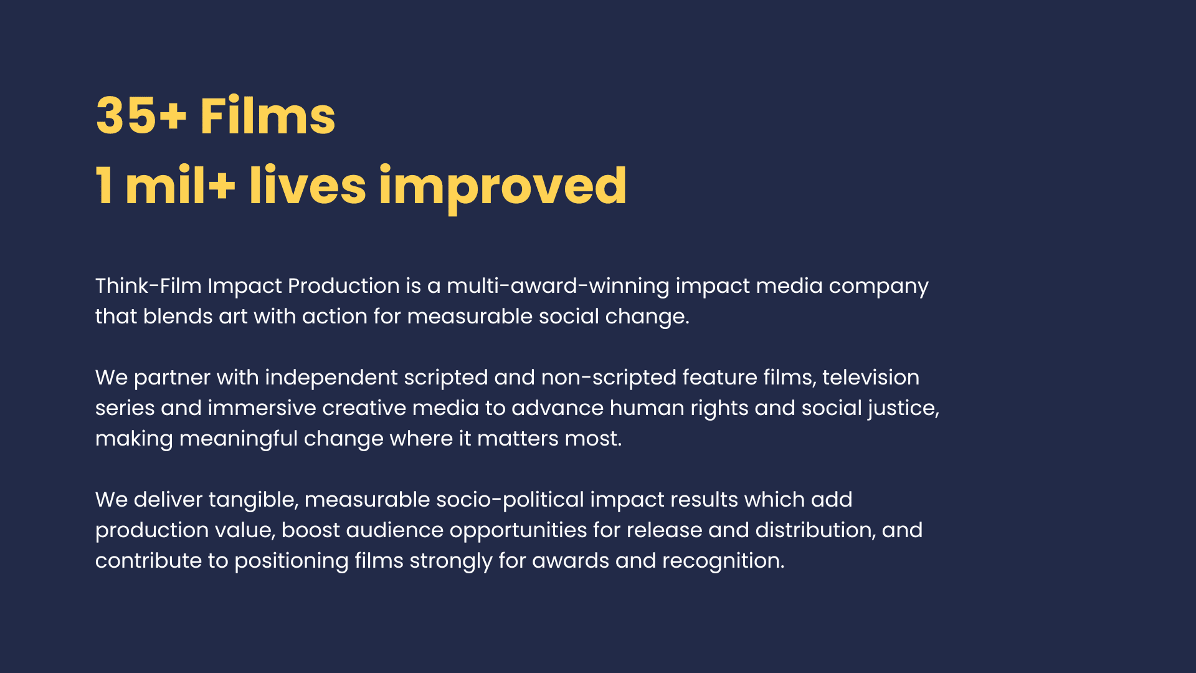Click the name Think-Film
148,285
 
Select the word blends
178,316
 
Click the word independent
331,378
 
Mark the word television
871,377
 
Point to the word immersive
262,408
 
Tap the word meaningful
239,439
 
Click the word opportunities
518,531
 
